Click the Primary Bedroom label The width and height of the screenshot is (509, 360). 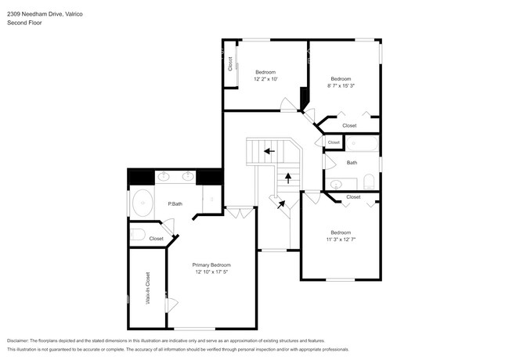point(211,265)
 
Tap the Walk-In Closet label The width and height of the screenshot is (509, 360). point(148,288)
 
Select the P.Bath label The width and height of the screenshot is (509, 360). point(175,204)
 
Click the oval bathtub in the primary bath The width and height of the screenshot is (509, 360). point(143,203)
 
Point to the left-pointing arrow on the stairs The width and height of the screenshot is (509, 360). point(269,151)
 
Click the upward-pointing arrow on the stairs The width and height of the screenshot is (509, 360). point(288,178)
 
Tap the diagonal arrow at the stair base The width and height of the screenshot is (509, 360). point(281,204)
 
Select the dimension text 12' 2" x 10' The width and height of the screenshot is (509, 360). point(265,79)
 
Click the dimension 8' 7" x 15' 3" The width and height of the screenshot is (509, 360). point(341,85)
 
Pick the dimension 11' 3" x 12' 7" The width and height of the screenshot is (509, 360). point(341,239)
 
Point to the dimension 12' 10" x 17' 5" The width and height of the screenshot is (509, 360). point(211,272)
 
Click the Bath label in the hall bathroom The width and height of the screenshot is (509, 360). point(352,163)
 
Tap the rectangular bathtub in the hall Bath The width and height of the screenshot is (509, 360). point(362,143)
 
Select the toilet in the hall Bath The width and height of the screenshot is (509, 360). point(369,182)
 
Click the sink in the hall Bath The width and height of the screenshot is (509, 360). point(336,185)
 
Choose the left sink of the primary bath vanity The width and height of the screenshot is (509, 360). point(164,176)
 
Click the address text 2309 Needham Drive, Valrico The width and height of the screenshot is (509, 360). point(45,14)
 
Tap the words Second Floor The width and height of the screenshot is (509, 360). point(24,23)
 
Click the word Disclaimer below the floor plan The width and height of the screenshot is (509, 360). point(18,341)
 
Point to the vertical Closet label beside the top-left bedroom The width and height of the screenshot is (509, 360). point(230,64)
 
